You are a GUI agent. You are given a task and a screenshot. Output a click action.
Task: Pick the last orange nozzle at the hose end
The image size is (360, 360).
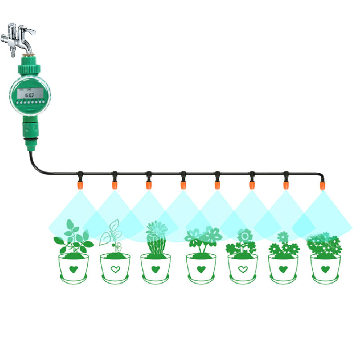tap(322, 184)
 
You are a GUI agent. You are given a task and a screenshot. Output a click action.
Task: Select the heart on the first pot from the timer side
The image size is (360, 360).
tap(72, 270)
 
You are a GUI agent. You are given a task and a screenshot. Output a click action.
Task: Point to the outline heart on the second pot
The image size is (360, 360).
tap(115, 270)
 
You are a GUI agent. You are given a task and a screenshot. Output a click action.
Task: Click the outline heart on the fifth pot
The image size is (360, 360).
tap(243, 270)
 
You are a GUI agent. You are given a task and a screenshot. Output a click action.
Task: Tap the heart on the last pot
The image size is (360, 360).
tap(325, 270)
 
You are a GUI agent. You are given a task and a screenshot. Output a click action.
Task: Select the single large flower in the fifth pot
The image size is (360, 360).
tap(244, 236)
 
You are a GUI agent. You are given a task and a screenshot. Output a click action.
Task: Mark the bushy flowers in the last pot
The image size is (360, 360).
tap(324, 245)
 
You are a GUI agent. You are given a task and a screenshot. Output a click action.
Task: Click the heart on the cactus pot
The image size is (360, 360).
tap(156, 270)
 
